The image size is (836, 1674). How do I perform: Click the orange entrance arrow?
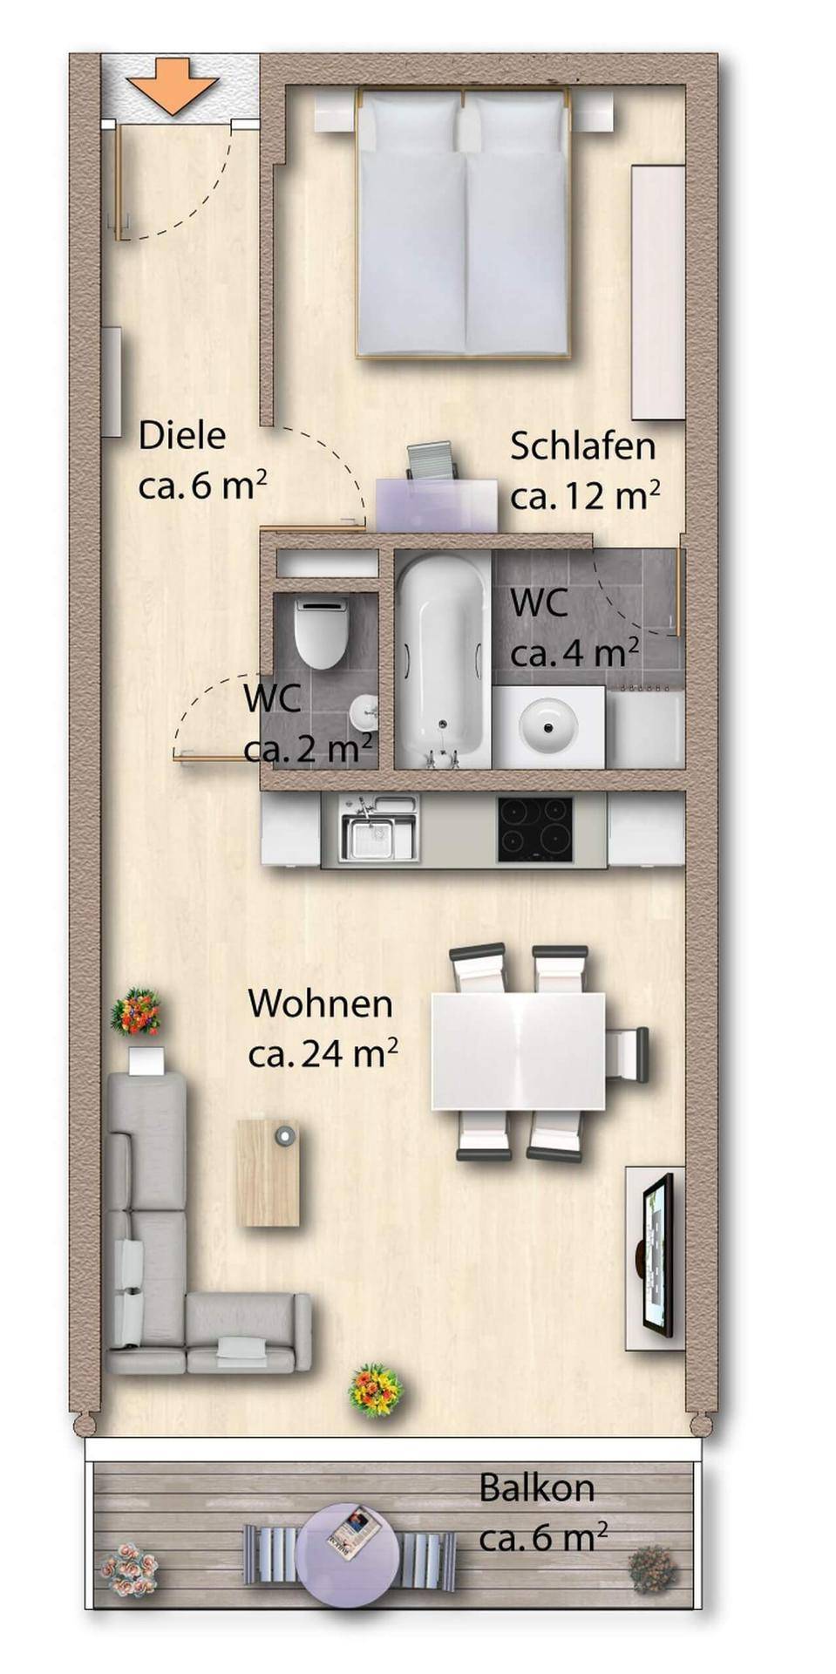click(x=172, y=85)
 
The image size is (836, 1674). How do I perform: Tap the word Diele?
click(x=182, y=435)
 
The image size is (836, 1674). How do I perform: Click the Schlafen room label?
click(x=582, y=446)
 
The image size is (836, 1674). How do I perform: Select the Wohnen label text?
click(x=320, y=1004)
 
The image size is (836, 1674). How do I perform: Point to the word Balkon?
click(x=536, y=1487)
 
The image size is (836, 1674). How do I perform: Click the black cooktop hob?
click(x=534, y=829)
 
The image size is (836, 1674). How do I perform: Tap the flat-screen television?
click(x=658, y=1254)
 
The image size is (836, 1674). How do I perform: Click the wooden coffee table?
click(x=268, y=1174)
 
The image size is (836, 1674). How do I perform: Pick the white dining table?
click(x=518, y=1051)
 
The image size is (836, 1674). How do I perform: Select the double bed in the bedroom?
click(x=463, y=222)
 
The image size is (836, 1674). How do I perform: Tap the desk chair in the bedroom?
click(x=432, y=460)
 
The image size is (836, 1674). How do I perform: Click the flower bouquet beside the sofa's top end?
click(x=136, y=1011)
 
